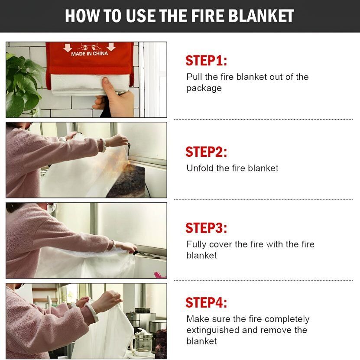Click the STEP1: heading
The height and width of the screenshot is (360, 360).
coord(206,61)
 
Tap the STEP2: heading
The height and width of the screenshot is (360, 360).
coord(206,152)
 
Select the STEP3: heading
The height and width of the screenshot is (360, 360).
coord(206,228)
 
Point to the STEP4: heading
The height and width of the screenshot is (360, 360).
coord(206,302)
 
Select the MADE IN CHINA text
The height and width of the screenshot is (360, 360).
coord(89,54)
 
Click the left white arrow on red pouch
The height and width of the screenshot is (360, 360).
coord(68,47)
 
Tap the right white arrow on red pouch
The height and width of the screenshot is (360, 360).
coord(111,47)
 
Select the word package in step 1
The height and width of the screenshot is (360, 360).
coord(204,88)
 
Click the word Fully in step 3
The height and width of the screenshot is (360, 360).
coord(196,245)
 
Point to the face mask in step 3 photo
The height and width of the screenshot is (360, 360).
coord(52,208)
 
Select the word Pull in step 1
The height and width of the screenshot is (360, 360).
coord(194,77)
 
